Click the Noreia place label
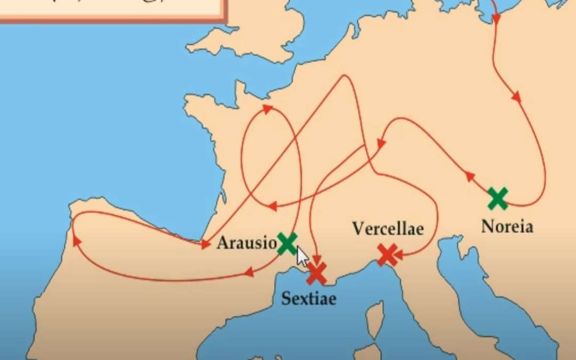[507, 227]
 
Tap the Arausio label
[246, 243]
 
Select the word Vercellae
[388, 228]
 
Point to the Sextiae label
[309, 298]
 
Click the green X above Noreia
[498, 198]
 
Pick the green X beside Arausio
[287, 243]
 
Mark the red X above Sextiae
[316, 273]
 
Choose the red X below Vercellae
[387, 255]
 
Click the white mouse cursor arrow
[302, 256]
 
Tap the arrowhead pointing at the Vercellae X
[398, 257]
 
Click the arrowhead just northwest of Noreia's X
[470, 177]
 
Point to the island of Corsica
[377, 315]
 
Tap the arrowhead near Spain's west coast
[77, 241]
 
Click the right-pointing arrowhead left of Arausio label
[205, 245]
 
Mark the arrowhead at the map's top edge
[496, 20]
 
